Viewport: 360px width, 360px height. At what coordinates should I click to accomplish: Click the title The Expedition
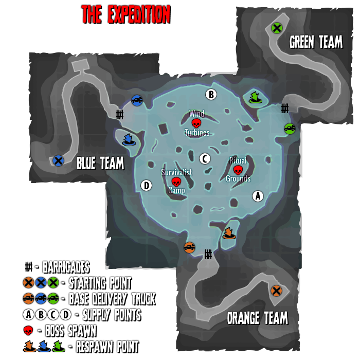[125, 15]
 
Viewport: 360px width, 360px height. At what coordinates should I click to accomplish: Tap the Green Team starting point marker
[277, 28]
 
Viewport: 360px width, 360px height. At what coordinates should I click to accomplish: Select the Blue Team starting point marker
[58, 160]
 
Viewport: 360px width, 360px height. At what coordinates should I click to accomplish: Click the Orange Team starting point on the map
[276, 291]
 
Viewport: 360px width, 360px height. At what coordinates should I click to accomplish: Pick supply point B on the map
[211, 94]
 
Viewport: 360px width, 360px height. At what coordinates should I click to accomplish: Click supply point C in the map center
[205, 158]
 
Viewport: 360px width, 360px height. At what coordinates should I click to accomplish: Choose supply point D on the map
[146, 185]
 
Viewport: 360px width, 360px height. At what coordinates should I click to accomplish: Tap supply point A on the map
[258, 196]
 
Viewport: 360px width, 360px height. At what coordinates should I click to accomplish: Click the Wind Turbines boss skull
[196, 123]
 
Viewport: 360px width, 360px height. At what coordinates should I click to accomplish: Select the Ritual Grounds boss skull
[238, 170]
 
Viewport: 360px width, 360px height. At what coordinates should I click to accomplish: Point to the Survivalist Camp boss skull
[176, 182]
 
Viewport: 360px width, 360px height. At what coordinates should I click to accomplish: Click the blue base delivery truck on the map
[137, 100]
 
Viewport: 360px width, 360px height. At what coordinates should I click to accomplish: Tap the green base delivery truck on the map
[290, 129]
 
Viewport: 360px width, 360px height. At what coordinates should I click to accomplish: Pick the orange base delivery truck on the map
[189, 247]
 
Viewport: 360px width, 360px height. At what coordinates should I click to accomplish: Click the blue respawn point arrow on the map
[129, 139]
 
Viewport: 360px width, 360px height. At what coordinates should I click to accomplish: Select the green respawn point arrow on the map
[255, 97]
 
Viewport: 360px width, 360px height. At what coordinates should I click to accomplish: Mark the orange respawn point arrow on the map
[229, 233]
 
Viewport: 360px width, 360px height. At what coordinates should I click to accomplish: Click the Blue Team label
[100, 164]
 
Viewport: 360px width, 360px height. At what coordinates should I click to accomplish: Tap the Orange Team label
[257, 318]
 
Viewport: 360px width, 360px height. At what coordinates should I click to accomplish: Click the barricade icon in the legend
[29, 267]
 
